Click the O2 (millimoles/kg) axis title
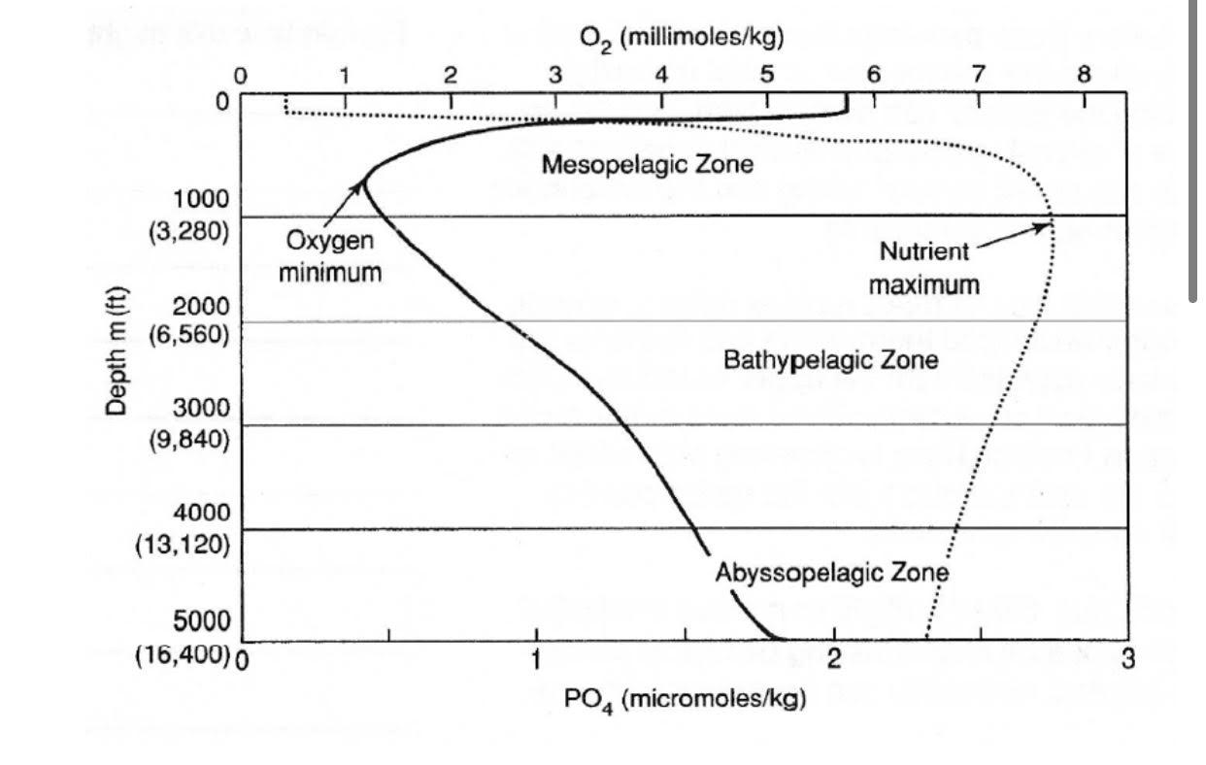[682, 38]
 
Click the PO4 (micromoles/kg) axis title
[686, 699]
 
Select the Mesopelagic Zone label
[647, 164]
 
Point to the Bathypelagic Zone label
[831, 361]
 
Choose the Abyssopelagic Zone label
[831, 572]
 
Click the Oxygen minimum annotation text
[329, 256]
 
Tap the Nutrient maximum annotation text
[923, 268]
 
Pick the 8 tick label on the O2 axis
[1084, 75]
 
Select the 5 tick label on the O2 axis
[766, 75]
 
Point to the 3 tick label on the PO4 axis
[1127, 661]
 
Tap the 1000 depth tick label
[201, 199]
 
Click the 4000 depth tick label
[201, 512]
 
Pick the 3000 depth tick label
[201, 407]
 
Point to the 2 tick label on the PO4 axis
[833, 661]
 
